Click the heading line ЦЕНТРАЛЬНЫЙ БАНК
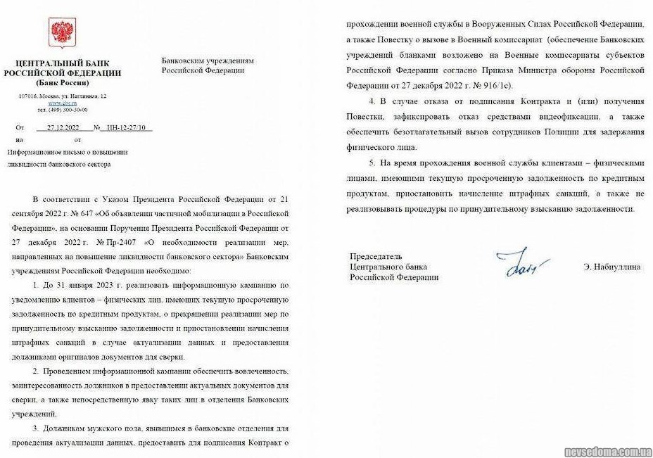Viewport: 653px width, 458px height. pyautogui.click(x=62, y=63)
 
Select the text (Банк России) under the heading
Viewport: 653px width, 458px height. pyautogui.click(x=62, y=82)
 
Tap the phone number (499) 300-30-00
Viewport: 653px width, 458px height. pyautogui.click(x=63, y=110)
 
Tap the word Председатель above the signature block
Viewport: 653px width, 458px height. pyautogui.click(x=376, y=257)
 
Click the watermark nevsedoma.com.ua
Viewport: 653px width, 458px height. pyautogui.click(x=607, y=450)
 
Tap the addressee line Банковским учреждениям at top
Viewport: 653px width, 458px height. pyautogui.click(x=208, y=61)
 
